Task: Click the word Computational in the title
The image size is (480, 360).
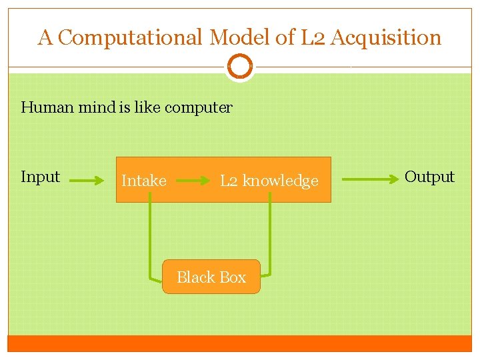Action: pyautogui.click(x=130, y=38)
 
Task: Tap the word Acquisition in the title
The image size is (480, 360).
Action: pyautogui.click(x=386, y=38)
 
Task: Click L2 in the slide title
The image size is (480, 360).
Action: pyautogui.click(x=312, y=38)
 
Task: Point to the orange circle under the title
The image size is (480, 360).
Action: pyautogui.click(x=240, y=67)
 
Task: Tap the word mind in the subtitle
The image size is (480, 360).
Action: pyautogui.click(x=97, y=107)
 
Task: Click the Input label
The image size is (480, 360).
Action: pyautogui.click(x=40, y=177)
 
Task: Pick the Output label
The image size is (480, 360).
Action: pyautogui.click(x=429, y=177)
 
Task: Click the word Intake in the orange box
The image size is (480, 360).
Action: pyautogui.click(x=144, y=181)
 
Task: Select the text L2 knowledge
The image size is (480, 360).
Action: pyautogui.click(x=269, y=181)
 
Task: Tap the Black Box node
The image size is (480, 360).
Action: pyautogui.click(x=211, y=277)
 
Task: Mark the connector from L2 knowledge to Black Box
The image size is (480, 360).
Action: pyautogui.click(x=270, y=233)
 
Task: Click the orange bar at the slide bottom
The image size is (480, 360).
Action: pyautogui.click(x=240, y=343)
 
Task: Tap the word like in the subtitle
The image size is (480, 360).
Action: pyautogui.click(x=147, y=107)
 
